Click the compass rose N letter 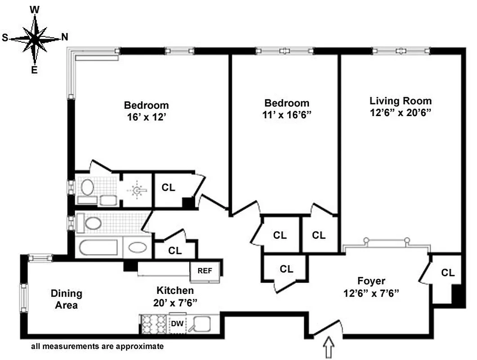64,38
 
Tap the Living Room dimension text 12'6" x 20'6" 401,112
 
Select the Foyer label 371,281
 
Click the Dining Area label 66,299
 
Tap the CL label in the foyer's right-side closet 447,273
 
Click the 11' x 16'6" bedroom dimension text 287,115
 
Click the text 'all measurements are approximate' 97,347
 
